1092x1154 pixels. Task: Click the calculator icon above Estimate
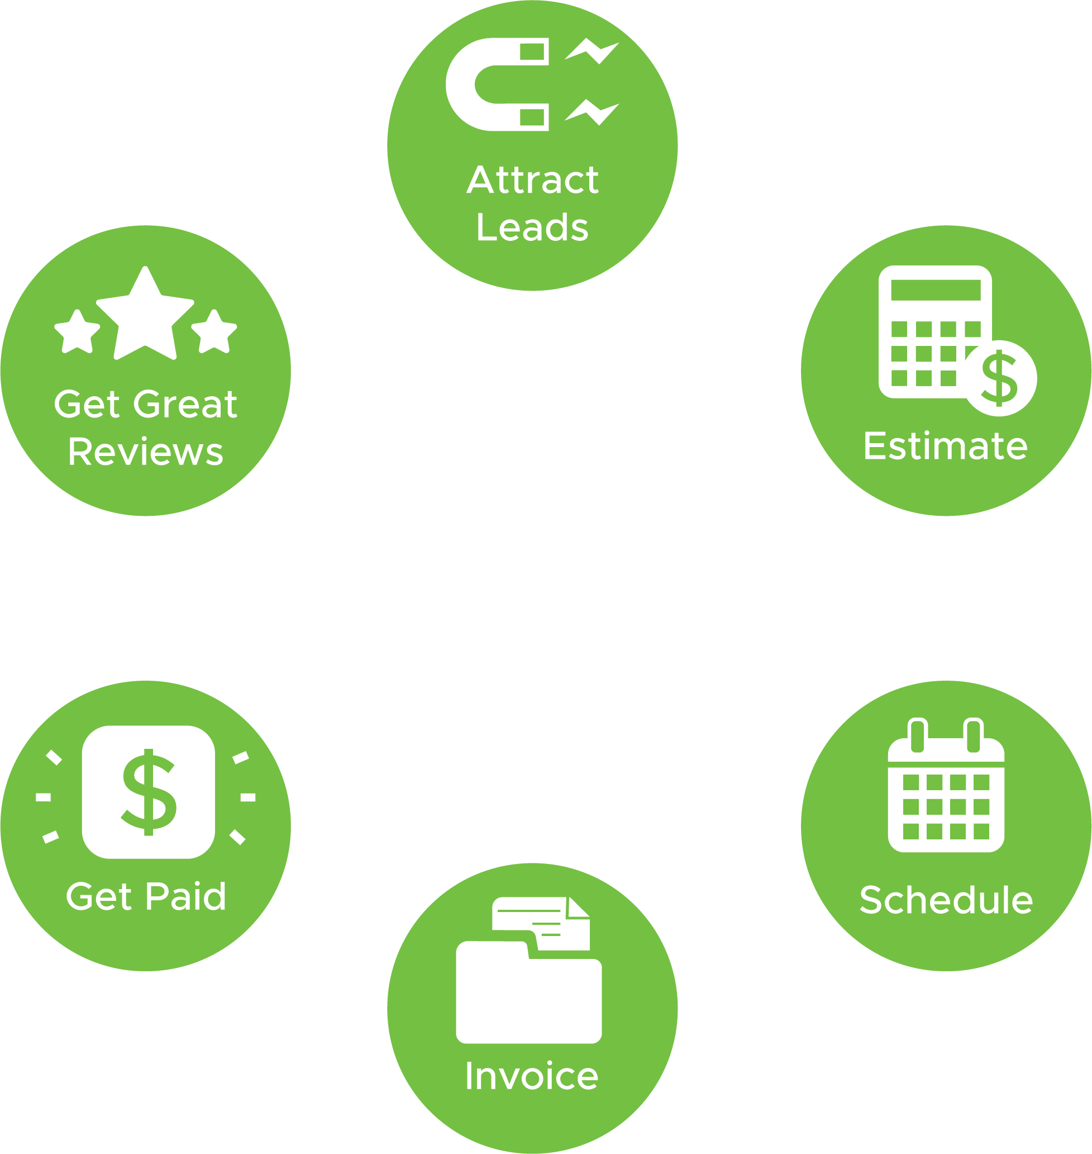click(x=935, y=332)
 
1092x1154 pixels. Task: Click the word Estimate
click(x=945, y=447)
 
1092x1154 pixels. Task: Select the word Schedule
click(x=946, y=900)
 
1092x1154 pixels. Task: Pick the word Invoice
click(x=531, y=1076)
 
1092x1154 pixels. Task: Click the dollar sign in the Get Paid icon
click(x=149, y=792)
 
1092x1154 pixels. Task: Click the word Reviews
click(x=146, y=453)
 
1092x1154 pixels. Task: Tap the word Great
click(x=189, y=404)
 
